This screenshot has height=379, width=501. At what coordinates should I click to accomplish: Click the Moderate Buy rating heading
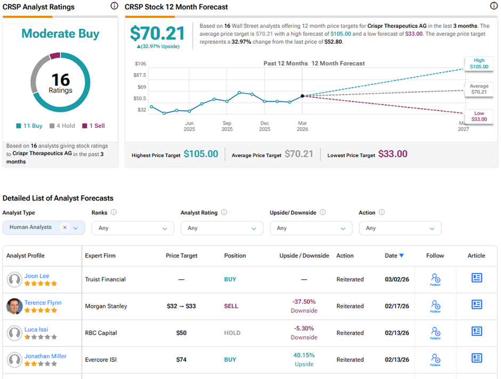click(x=60, y=34)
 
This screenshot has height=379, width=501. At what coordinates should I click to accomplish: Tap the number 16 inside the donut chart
click(x=60, y=80)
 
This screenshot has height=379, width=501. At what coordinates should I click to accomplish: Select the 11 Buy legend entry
click(x=29, y=126)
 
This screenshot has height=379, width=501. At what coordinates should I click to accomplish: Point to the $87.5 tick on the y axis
click(x=139, y=75)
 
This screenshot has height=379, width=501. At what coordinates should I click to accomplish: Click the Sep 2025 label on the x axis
click(x=227, y=126)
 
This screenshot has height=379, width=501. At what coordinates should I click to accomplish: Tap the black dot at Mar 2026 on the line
click(x=302, y=96)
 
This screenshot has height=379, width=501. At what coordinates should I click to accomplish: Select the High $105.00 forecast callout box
click(x=479, y=64)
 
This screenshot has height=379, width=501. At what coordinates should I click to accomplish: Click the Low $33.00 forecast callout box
click(x=479, y=116)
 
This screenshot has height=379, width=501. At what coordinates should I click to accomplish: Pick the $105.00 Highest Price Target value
click(x=201, y=154)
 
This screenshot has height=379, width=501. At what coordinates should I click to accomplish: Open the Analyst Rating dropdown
click(x=222, y=228)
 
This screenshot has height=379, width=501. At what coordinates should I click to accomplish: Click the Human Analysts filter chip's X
click(x=64, y=228)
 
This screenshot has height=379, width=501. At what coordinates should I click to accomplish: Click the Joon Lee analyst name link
click(x=37, y=276)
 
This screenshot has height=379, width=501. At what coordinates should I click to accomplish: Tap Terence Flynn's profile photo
click(x=14, y=306)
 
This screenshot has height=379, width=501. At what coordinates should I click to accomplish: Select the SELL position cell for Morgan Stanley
click(x=231, y=307)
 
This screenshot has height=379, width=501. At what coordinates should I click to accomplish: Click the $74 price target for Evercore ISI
click(x=181, y=360)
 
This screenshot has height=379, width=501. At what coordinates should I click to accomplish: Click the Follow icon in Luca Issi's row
click(x=435, y=333)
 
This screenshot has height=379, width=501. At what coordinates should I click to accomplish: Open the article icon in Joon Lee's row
click(x=476, y=278)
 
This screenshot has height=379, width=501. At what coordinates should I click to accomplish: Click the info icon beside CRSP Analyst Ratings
click(x=114, y=6)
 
